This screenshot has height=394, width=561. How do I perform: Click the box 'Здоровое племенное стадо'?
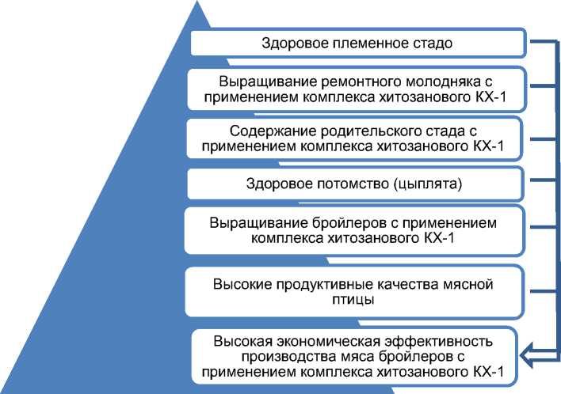point(357,43)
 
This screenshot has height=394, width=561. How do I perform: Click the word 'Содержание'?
point(266,130)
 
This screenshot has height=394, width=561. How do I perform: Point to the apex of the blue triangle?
point(195,2)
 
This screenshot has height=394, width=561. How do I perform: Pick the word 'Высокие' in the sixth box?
point(240,284)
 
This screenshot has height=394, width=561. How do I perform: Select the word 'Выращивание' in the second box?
point(255,81)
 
